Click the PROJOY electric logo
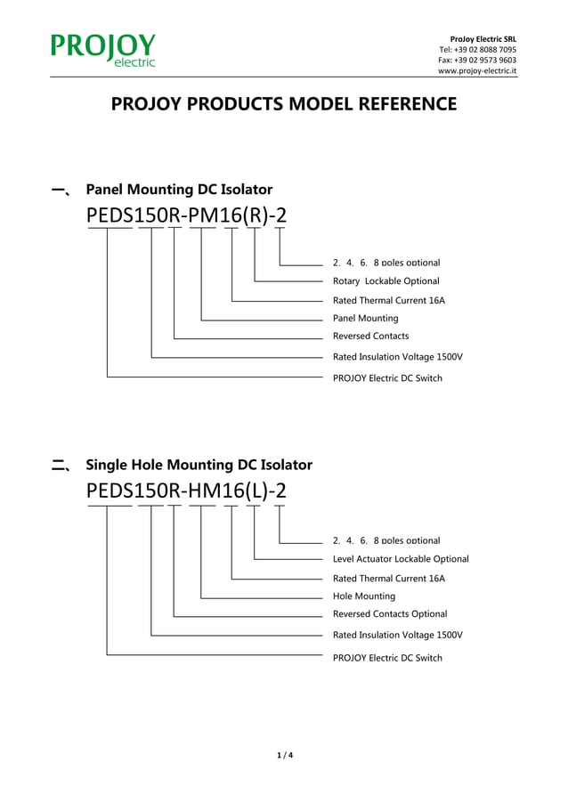103,50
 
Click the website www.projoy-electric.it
476,71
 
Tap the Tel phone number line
477,50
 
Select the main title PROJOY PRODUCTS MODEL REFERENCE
283,105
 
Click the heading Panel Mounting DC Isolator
178,190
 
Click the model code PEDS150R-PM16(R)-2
187,216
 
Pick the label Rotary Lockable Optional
385,281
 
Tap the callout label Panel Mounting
365,318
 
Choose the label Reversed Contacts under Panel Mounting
370,337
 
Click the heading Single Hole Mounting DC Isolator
199,465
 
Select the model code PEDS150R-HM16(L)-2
187,491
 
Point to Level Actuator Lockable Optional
400,559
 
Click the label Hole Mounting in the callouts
363,596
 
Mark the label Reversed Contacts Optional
390,614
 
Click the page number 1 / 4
284,756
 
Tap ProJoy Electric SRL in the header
483,39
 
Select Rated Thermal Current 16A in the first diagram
388,301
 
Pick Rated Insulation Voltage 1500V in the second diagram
397,636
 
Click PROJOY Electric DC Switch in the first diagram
387,378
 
